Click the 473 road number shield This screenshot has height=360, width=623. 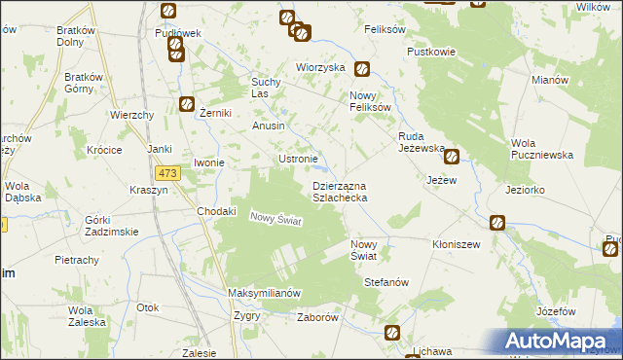(x=168, y=173)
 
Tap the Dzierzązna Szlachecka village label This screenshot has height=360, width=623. (x=339, y=191)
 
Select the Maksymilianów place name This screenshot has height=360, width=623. (x=263, y=293)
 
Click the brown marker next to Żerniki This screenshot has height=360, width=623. (x=186, y=105)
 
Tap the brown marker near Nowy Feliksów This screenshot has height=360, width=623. (x=362, y=69)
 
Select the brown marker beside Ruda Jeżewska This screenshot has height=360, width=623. (x=452, y=155)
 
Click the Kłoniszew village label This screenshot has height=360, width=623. (x=458, y=244)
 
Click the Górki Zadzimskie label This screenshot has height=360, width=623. (x=111, y=226)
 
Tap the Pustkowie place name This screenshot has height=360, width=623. (x=431, y=51)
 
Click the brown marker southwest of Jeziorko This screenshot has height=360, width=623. (x=497, y=223)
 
